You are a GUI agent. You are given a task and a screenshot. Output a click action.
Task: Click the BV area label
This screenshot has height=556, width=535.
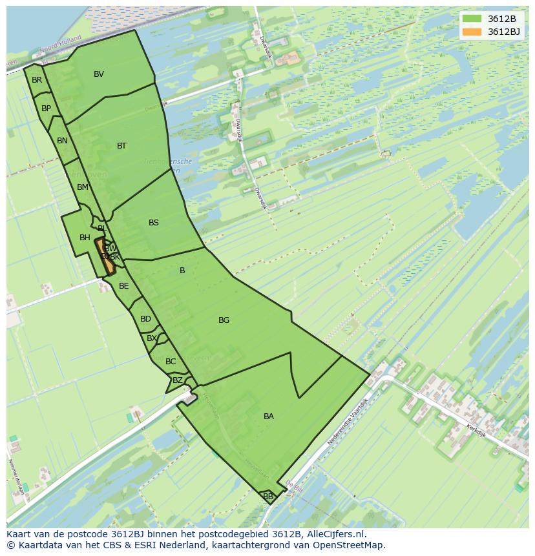[99, 74]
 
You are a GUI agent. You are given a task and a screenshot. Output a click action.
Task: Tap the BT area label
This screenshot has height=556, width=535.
[121, 146]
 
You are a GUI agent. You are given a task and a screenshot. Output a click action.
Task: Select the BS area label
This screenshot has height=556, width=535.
[153, 223]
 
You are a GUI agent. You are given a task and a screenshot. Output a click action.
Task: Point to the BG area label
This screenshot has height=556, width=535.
[224, 320]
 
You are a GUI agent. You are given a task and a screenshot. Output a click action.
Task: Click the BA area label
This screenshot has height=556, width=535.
[269, 417]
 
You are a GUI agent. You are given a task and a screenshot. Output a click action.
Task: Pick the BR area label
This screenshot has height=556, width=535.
[37, 80]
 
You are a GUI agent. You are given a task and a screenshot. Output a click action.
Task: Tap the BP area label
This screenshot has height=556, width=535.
[46, 108]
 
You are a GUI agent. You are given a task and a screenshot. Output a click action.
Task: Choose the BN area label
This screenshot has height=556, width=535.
[62, 141]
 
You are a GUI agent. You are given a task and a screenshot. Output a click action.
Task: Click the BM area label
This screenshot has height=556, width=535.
[82, 187]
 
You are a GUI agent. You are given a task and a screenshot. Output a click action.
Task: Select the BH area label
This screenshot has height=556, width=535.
[85, 238]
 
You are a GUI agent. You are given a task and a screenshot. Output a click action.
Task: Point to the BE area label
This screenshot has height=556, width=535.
[123, 286]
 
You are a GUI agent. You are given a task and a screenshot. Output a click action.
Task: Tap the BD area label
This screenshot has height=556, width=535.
[145, 319]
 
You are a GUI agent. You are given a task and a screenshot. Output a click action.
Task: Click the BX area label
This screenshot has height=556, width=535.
[152, 338]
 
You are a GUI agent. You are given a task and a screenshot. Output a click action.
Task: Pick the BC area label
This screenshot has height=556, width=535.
[171, 362]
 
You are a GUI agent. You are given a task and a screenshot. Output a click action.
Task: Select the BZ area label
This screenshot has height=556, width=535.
[177, 380]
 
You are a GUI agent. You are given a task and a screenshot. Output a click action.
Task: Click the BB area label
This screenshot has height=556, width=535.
[268, 497]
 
